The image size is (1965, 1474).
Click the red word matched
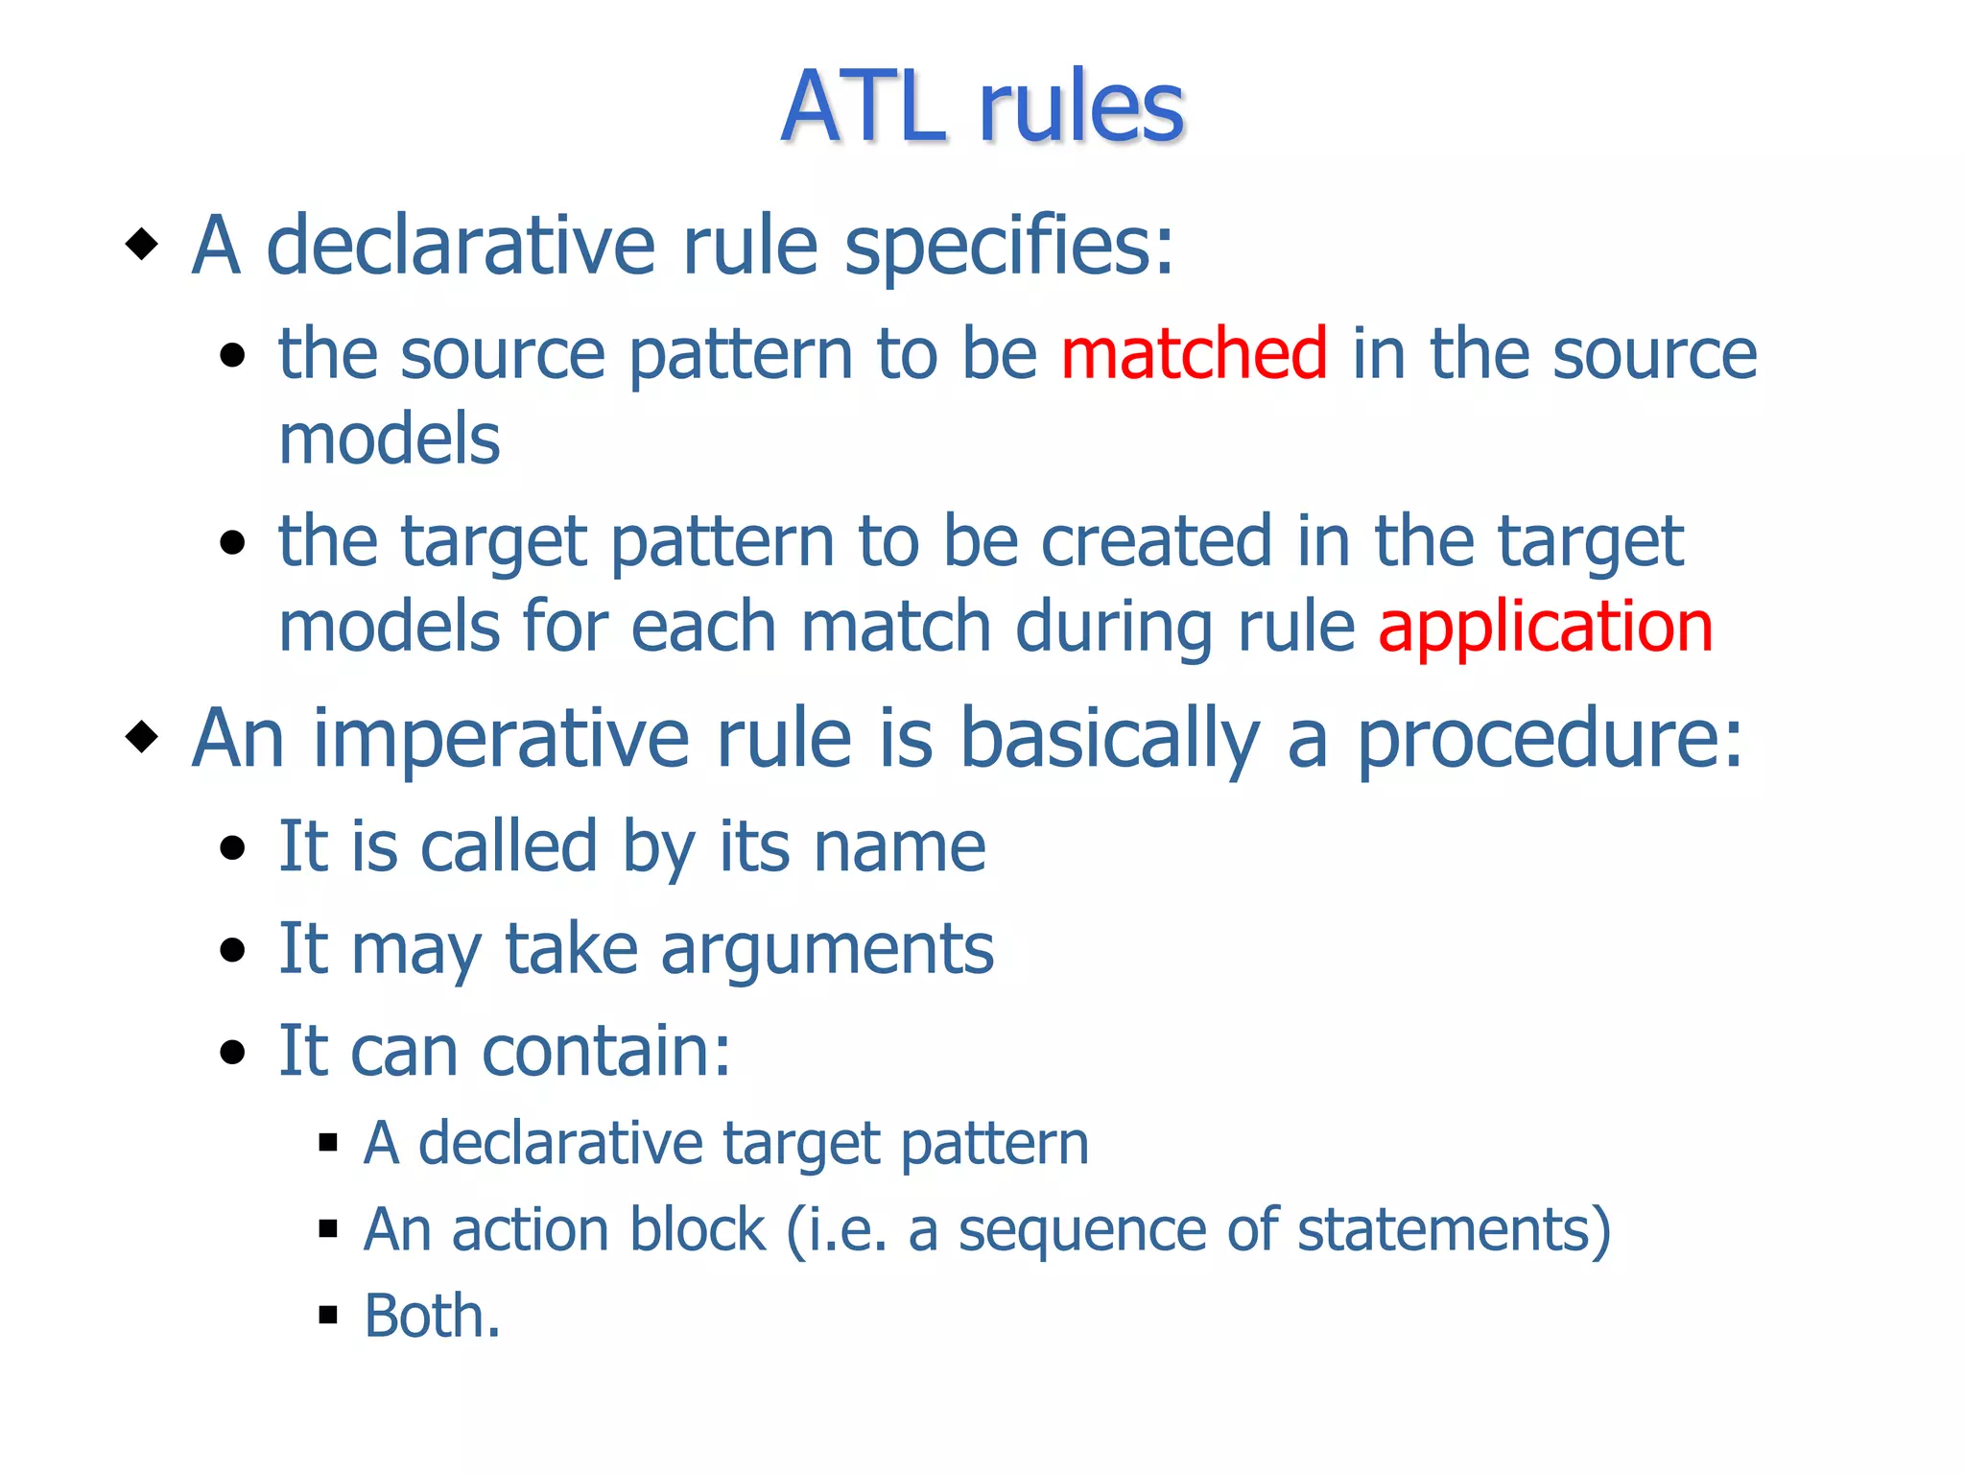click(x=1194, y=353)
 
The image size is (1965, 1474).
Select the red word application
click(x=1545, y=626)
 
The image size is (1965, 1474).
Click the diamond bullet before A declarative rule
click(x=142, y=244)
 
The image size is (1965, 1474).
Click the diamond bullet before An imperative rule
click(x=142, y=737)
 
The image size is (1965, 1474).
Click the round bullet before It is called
click(x=232, y=848)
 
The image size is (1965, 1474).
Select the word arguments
click(x=827, y=950)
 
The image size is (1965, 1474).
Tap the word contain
click(x=604, y=1051)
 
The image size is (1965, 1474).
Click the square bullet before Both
click(x=329, y=1315)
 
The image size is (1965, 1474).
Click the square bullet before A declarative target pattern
click(x=329, y=1142)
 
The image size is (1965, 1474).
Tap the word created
click(x=1156, y=541)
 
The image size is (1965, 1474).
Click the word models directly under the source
click(x=390, y=440)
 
